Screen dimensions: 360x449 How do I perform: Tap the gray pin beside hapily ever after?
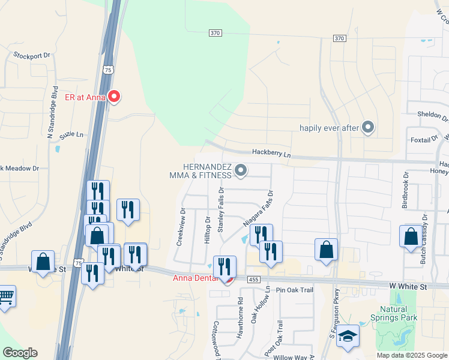(x=368, y=127)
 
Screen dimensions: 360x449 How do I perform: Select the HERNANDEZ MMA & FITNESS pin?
(x=241, y=172)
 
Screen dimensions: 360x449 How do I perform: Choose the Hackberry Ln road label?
(x=271, y=154)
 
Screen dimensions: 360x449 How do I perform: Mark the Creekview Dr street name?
(x=179, y=227)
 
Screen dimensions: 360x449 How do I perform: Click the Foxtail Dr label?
(x=424, y=140)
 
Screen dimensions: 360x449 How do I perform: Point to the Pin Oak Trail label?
(x=295, y=290)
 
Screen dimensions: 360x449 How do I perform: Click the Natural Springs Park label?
(x=394, y=313)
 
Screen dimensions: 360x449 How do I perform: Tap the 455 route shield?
(x=253, y=279)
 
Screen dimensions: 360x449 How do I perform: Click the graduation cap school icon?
(x=347, y=337)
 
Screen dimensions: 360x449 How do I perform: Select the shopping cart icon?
(x=5, y=296)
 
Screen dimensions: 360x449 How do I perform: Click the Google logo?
(x=19, y=353)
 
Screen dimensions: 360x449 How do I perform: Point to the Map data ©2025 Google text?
(x=411, y=355)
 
